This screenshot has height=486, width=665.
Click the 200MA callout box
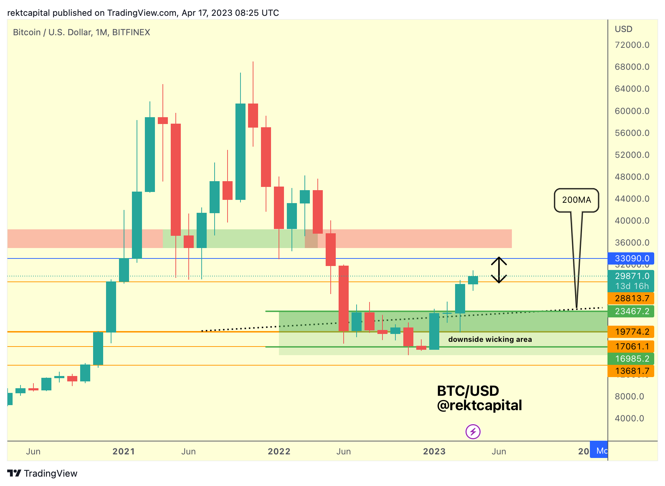tap(576, 200)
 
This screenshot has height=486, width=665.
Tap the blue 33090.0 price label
tap(631, 258)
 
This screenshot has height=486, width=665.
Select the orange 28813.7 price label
tap(631, 298)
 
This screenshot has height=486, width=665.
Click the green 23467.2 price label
tap(631, 311)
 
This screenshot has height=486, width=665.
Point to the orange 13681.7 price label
tap(631, 371)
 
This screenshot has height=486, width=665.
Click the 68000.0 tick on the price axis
tap(632, 67)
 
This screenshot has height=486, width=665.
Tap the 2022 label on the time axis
tap(279, 451)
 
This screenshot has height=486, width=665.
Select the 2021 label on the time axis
tap(124, 451)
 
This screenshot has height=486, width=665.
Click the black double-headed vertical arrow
tap(499, 270)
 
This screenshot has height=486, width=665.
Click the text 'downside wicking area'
tap(490, 339)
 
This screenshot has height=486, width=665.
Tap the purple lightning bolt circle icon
tap(473, 432)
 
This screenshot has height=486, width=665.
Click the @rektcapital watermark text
tap(480, 405)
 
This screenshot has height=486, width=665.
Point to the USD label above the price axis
tap(623, 29)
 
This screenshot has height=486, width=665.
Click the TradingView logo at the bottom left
tap(42, 473)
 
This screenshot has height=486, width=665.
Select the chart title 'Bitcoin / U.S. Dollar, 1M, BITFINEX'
tap(82, 32)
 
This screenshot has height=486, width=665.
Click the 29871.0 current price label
tap(631, 276)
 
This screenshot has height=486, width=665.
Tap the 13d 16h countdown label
tap(631, 286)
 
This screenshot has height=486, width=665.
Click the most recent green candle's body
tap(473, 280)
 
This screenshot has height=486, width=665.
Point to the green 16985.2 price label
tap(631, 359)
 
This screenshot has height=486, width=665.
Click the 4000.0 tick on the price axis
tap(629, 418)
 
